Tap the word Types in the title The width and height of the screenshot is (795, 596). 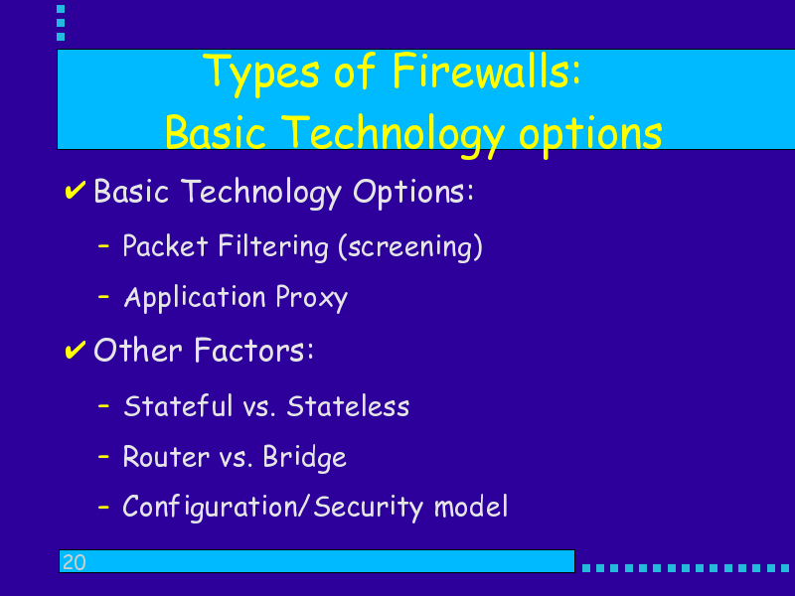tap(261, 74)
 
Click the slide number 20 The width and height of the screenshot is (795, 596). tap(74, 562)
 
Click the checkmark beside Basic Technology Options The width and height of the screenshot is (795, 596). tap(76, 190)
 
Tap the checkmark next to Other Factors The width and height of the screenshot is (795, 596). tap(76, 350)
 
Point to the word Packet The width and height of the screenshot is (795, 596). tap(165, 245)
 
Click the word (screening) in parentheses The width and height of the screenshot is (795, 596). tap(410, 247)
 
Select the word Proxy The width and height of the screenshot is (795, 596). tap(312, 297)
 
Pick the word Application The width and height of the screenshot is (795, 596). tap(195, 298)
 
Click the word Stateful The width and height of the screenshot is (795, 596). tap(178, 406)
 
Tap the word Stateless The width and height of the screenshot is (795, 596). tap(348, 406)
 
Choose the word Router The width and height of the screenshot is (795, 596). tap(166, 457)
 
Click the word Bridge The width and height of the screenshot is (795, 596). tap(305, 458)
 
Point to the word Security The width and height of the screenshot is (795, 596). tap(368, 508)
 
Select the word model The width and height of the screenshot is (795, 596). tap(471, 506)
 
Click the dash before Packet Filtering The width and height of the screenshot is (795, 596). tap(103, 246)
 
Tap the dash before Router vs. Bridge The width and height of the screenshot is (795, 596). tap(103, 457)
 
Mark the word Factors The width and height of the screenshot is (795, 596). tap(254, 350)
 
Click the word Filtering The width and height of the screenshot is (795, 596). tap(273, 246)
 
